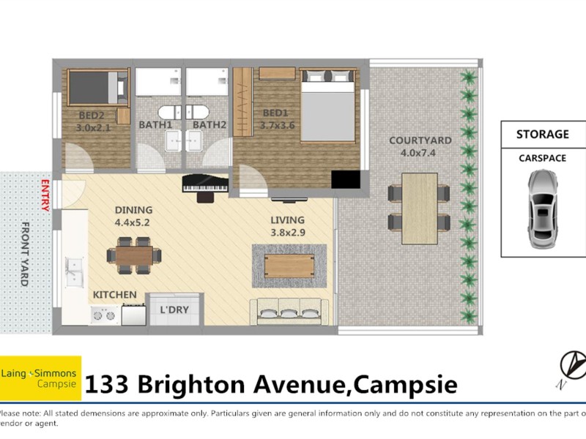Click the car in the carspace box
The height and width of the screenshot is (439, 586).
point(543,209)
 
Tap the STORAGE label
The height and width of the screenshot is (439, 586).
point(543,135)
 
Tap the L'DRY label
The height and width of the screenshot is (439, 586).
point(174,309)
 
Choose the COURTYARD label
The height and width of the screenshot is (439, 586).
point(420,140)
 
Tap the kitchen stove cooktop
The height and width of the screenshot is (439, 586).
point(103,315)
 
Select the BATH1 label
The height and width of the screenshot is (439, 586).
point(155,125)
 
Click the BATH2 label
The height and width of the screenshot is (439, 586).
point(209,125)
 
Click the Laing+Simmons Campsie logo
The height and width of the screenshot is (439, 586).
point(40,378)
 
